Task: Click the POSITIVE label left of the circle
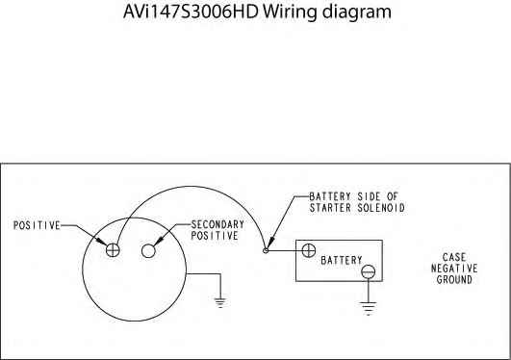pos(37,225)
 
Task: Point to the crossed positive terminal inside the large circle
pos(114,249)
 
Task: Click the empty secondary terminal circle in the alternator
pos(149,250)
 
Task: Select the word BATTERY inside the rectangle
pos(341,260)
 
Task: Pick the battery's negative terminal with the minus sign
pos(367,273)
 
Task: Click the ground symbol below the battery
pos(367,310)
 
